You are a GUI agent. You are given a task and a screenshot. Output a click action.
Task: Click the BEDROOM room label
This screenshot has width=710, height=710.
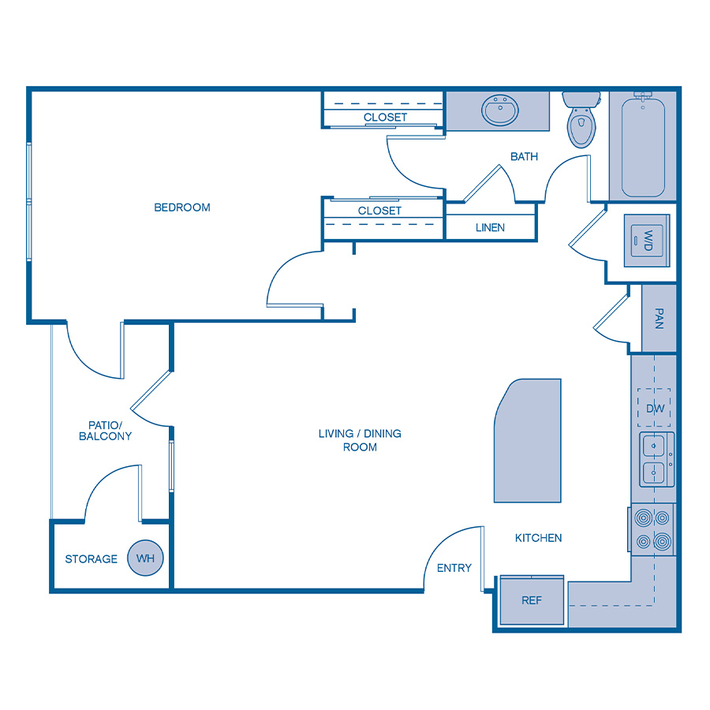[182, 207]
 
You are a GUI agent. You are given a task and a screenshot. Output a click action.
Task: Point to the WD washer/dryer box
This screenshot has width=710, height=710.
[647, 239]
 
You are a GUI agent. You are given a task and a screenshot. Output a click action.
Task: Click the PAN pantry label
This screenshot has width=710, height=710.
[659, 318]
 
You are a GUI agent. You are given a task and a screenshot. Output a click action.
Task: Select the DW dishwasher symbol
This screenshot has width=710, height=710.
[655, 409]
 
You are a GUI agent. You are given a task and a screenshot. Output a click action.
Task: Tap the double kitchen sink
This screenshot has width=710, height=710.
[655, 459]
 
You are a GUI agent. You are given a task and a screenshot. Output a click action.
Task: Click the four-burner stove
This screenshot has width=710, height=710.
[653, 529]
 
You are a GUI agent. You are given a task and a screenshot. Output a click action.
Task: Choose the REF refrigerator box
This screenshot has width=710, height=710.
[532, 600]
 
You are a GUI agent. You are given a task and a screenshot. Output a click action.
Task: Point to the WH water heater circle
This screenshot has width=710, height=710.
[145, 559]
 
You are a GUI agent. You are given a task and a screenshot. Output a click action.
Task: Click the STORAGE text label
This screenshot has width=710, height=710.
[91, 559]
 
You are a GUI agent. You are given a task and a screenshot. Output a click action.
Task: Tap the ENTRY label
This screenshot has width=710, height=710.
[454, 568]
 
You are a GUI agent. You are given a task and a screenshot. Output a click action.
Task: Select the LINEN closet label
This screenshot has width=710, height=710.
[490, 227]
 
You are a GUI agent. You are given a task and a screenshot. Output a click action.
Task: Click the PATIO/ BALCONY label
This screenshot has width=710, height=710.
[105, 430]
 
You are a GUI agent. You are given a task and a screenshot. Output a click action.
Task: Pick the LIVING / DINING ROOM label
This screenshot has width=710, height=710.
[360, 440]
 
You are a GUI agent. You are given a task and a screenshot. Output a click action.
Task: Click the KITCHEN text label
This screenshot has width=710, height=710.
[539, 538]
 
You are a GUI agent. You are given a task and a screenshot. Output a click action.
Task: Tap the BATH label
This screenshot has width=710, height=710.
[524, 156]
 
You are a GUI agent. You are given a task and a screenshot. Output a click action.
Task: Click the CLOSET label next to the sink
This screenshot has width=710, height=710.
[386, 118]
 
